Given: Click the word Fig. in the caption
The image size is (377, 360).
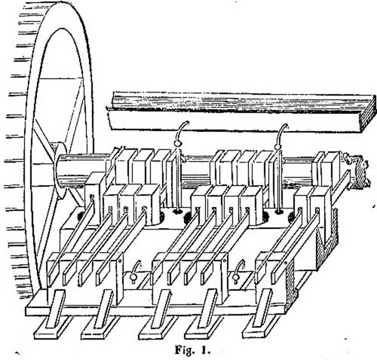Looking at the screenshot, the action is [x=185, y=351].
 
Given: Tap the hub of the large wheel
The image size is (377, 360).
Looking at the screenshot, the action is [x=60, y=171].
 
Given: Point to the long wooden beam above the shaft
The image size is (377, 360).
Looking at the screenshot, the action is [x=241, y=111].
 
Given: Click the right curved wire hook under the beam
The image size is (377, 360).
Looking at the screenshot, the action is [x=281, y=133].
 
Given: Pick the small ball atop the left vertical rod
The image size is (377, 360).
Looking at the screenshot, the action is [x=177, y=144].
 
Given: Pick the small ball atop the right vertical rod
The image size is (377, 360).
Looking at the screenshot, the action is [x=277, y=146].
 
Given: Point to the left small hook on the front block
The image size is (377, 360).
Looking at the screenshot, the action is [x=134, y=273].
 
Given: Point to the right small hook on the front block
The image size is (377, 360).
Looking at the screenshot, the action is [x=238, y=273].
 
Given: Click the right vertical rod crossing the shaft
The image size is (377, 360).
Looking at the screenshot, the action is [x=278, y=181].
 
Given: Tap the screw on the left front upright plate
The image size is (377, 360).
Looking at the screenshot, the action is [x=120, y=261].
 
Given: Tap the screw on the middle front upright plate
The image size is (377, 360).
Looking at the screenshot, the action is [x=225, y=261].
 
